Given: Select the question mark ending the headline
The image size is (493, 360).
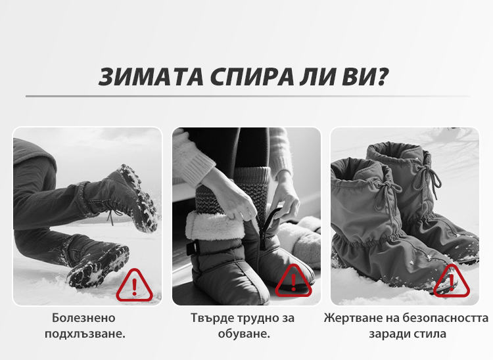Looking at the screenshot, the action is click(383, 76).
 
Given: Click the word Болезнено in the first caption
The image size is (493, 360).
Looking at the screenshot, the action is click(83, 318).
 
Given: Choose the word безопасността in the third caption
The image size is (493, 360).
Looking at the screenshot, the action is click(446, 318).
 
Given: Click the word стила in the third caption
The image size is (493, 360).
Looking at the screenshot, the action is click(431, 334).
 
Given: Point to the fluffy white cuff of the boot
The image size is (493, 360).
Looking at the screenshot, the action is click(215, 225).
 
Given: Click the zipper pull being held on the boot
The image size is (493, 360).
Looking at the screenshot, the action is click(270, 223).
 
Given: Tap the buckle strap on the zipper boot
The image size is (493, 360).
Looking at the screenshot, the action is click(192, 248).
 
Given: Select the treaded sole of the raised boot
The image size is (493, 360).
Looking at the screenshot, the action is click(138, 198).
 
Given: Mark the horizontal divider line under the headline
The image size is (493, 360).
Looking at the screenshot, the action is click(248, 96).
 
